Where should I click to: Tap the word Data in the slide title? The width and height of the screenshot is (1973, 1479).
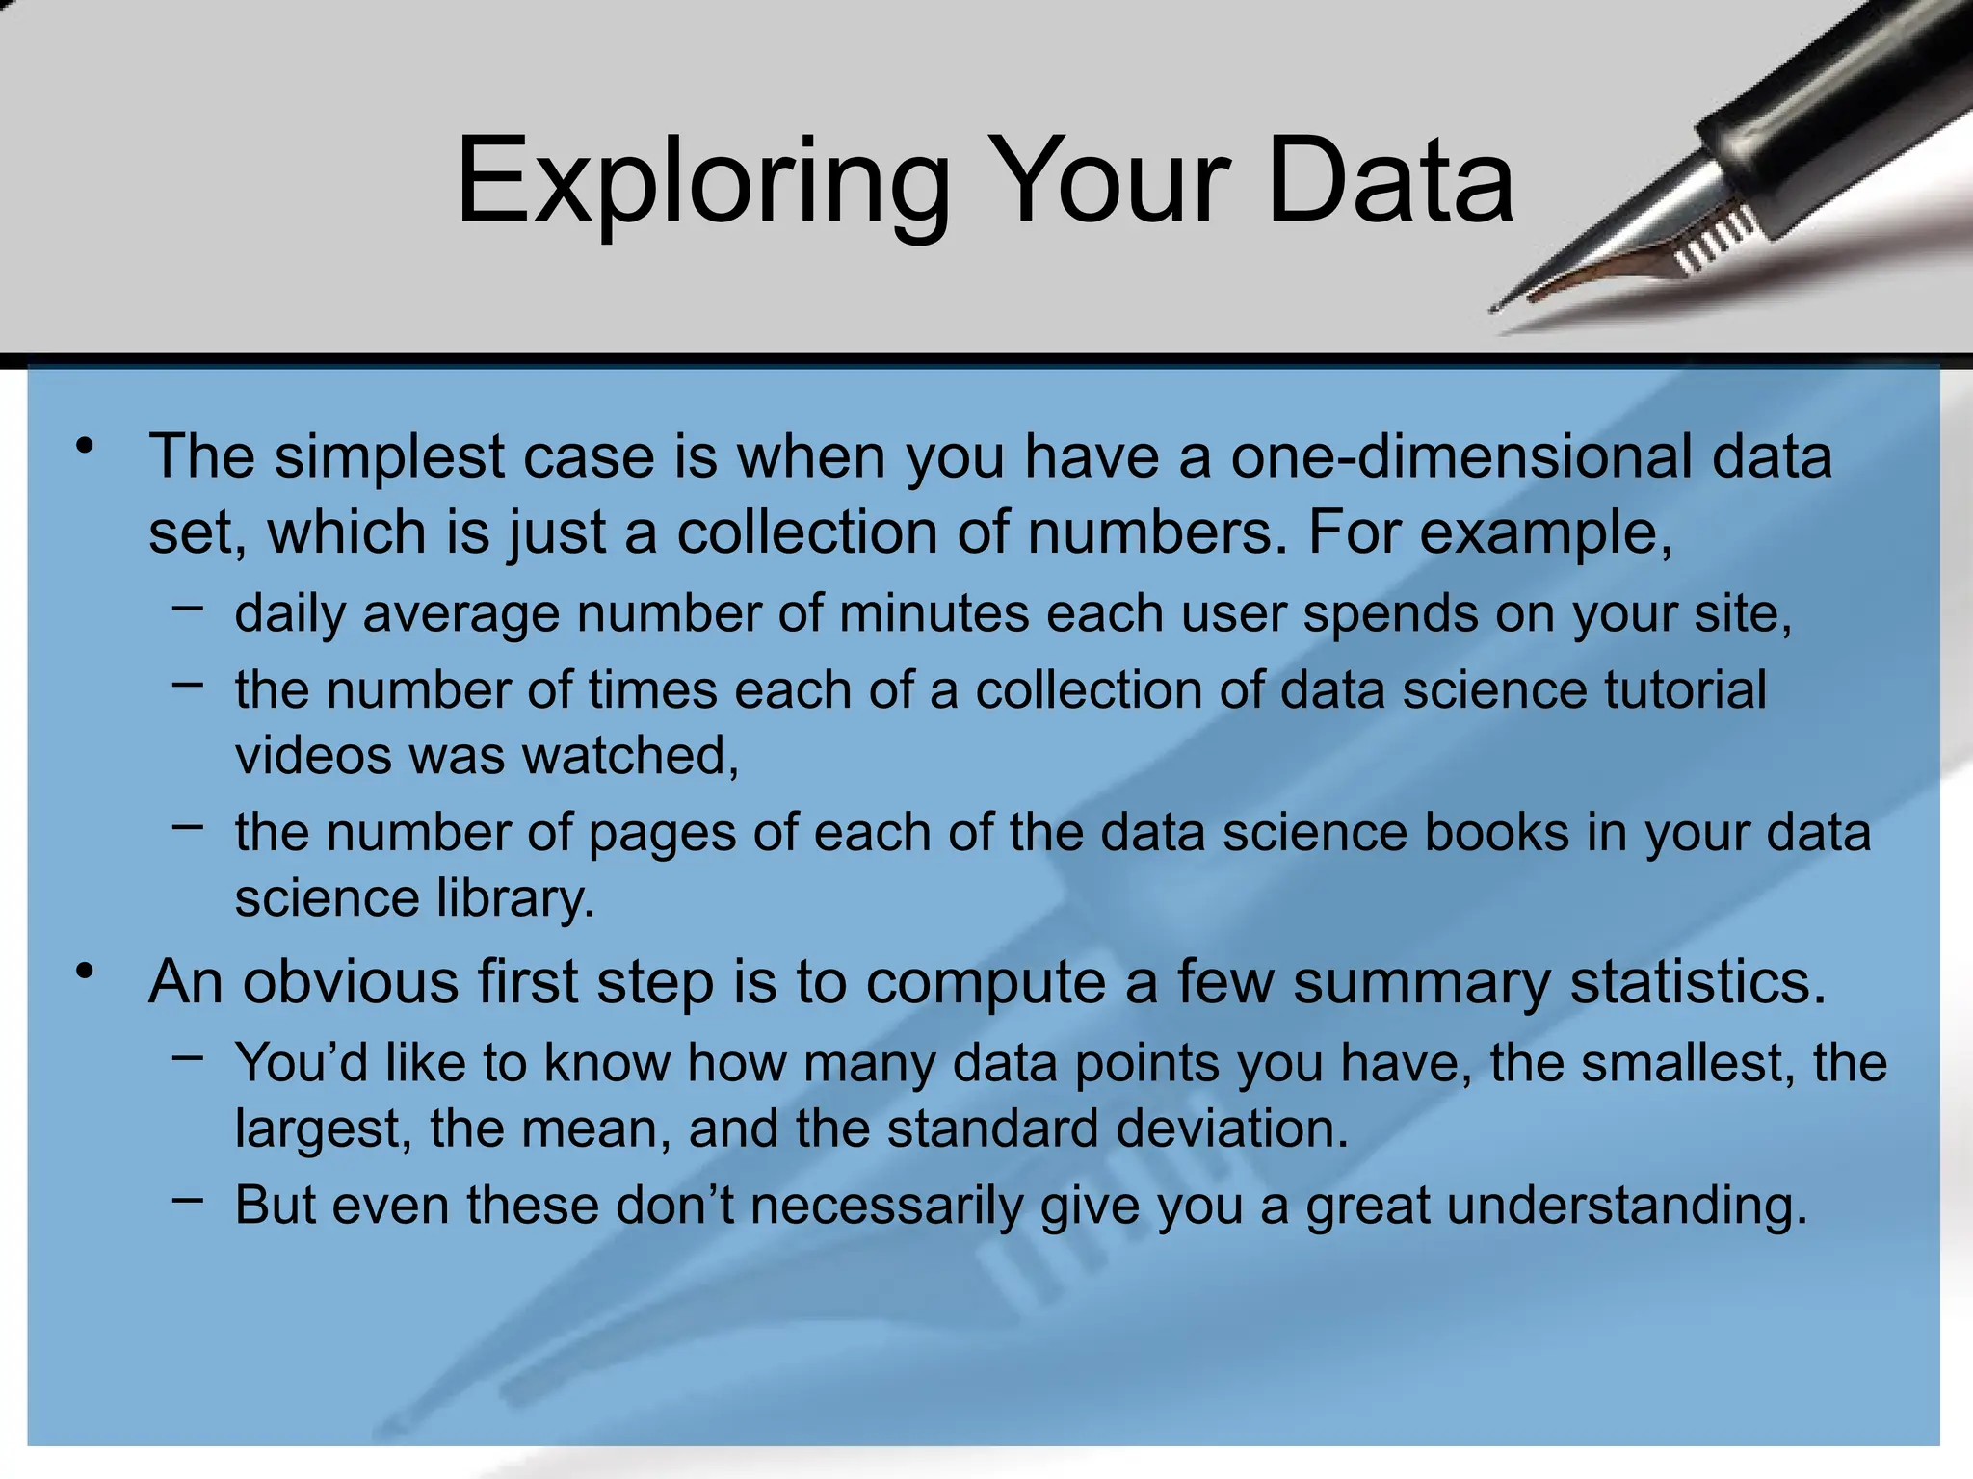(x=1390, y=183)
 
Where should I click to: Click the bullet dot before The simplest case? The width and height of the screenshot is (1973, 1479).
(x=87, y=447)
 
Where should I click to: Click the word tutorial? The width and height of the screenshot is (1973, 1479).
(x=1684, y=690)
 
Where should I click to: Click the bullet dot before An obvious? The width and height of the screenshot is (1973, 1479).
(x=87, y=973)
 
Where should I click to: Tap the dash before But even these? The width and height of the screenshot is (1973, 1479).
(x=189, y=1200)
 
